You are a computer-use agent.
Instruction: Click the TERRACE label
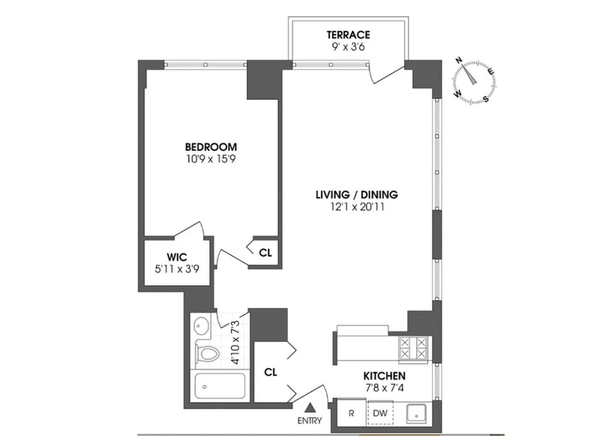click(x=348, y=35)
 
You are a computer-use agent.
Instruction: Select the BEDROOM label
click(x=211, y=147)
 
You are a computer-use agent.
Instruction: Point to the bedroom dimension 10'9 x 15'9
click(x=211, y=159)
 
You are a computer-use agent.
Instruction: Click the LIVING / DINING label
click(x=357, y=194)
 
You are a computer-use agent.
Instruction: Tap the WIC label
click(x=177, y=257)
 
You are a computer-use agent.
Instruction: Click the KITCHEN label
click(x=384, y=376)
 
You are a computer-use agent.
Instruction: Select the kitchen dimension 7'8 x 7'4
click(x=384, y=387)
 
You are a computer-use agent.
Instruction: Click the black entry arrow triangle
click(x=310, y=407)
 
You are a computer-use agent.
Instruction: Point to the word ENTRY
click(x=310, y=421)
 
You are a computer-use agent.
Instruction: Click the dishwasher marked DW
click(x=380, y=413)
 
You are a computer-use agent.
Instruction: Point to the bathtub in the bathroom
click(x=220, y=387)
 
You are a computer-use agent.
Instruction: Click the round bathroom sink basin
click(x=202, y=325)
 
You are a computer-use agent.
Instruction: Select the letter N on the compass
click(x=459, y=60)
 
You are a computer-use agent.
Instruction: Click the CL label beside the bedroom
click(x=265, y=253)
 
